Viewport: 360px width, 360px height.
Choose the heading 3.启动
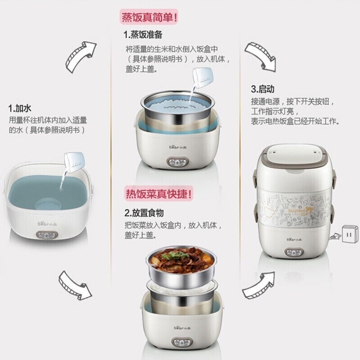[263, 89]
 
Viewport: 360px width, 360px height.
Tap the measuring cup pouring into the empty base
[72, 162]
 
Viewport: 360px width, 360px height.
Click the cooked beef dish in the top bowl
[180, 260]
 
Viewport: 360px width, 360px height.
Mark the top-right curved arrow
[261, 56]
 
